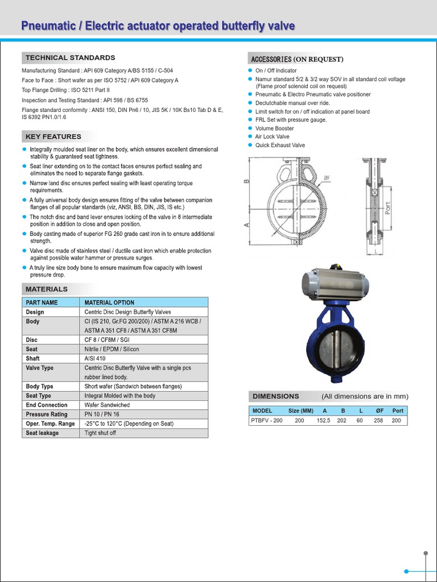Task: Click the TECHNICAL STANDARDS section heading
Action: coord(69,57)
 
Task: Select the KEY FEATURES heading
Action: coord(53,136)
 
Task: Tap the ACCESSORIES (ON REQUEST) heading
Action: coord(296,59)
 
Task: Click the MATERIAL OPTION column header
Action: coord(109,302)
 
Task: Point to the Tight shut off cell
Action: coord(100,433)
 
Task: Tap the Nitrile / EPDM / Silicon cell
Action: coord(112,349)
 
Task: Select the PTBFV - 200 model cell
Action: coord(266,421)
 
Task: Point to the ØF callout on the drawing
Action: coord(327,178)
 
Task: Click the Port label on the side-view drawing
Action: coord(388,208)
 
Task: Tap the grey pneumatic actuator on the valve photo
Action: coord(336,283)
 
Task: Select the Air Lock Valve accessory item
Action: coord(272,137)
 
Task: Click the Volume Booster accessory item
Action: coord(274,128)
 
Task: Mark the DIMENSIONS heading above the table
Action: coord(276,396)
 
